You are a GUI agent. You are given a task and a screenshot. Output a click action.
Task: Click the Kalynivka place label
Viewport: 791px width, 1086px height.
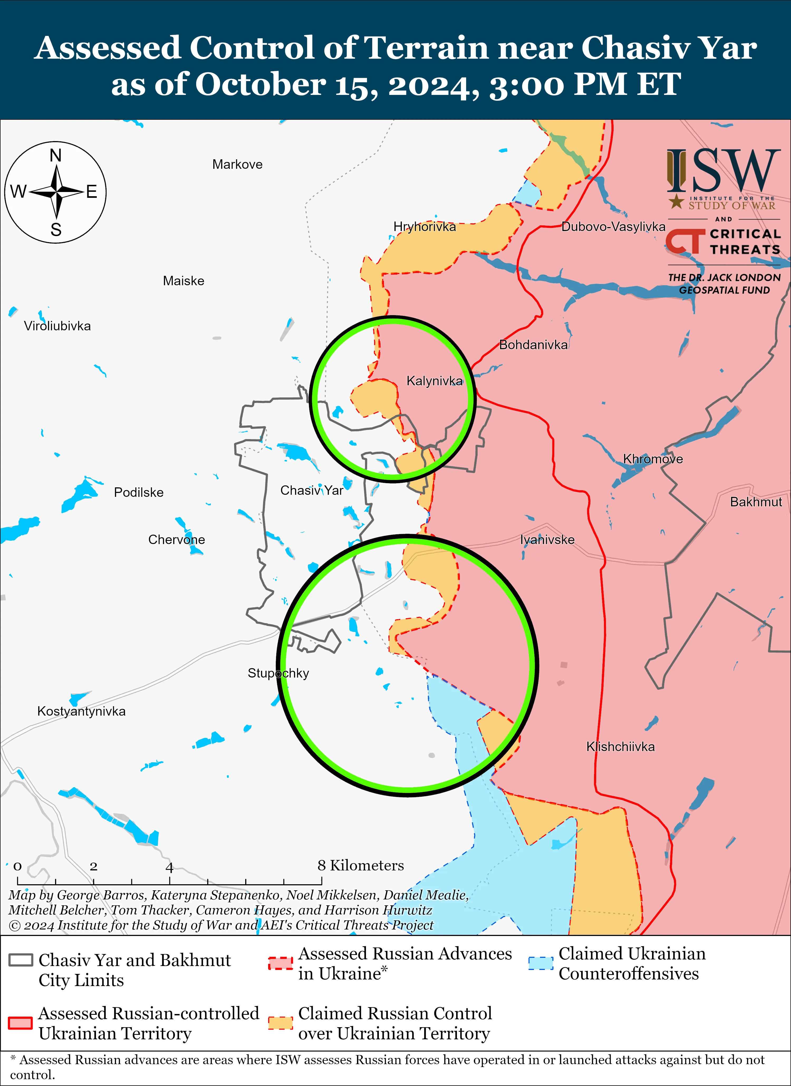click(434, 381)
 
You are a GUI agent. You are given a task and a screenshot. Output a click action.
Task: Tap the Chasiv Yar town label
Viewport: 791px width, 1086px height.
click(312, 490)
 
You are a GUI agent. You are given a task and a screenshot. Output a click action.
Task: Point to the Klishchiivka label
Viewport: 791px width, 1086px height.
click(620, 747)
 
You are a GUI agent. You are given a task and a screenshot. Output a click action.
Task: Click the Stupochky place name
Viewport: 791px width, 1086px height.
click(278, 673)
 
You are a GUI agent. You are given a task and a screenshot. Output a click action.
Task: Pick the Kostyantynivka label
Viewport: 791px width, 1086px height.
click(81, 711)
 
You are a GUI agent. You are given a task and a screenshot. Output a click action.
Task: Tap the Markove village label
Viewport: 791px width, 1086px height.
click(238, 165)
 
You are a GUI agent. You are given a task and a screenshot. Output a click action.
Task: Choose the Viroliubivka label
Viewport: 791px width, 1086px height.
click(57, 326)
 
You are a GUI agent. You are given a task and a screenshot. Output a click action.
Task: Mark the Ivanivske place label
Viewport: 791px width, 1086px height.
click(547, 540)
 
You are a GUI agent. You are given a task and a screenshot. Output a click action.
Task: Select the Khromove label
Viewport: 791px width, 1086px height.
click(653, 459)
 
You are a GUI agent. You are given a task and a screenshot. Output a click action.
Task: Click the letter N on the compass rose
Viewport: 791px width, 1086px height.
click(56, 156)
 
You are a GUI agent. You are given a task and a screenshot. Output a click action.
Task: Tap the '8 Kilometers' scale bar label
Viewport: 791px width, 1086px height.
click(360, 866)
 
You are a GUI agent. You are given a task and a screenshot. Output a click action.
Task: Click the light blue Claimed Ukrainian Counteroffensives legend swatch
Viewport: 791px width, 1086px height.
click(541, 963)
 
